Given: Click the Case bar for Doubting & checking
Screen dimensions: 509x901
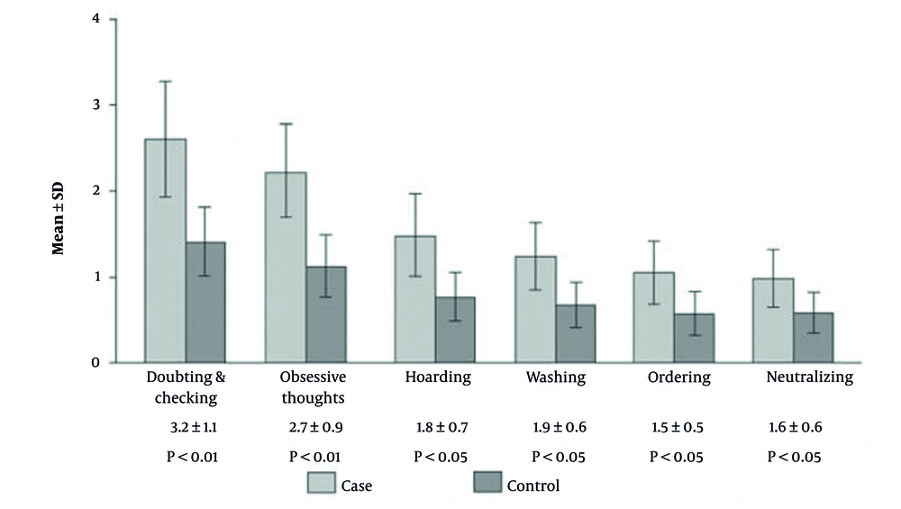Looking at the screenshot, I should [165, 261].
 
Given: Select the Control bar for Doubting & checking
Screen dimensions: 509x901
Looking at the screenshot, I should [206, 306].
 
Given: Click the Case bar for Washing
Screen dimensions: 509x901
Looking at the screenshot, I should [535, 311].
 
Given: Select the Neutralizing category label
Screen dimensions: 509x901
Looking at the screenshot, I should [808, 377].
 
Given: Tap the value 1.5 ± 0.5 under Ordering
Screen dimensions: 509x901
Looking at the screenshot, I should [677, 428].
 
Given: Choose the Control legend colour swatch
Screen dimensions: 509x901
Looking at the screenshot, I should [487, 484].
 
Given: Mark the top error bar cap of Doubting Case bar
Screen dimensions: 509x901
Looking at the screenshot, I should [165, 81].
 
